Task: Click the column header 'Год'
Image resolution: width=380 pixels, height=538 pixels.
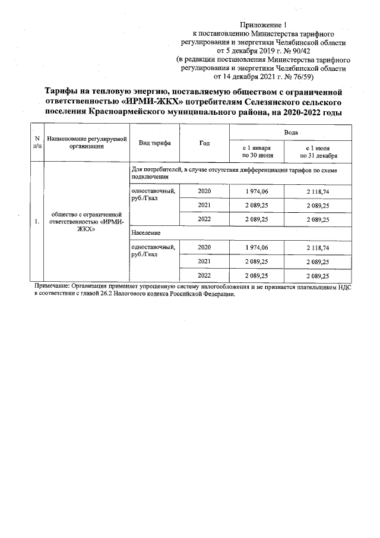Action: point(204,143)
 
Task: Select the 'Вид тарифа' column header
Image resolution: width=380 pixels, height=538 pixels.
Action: point(154,143)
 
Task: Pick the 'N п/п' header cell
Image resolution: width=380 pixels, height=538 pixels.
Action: point(38,143)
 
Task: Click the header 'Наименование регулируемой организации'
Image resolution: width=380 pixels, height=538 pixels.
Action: point(87,143)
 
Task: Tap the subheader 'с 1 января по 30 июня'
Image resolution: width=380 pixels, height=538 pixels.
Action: point(256,151)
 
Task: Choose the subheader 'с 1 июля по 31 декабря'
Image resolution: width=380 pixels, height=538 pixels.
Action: point(318,151)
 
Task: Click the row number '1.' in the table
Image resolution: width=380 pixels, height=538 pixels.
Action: point(37,222)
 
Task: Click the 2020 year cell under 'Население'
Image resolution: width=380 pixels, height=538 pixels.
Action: point(204,247)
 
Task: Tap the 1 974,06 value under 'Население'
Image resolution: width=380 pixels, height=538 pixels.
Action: point(256,247)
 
